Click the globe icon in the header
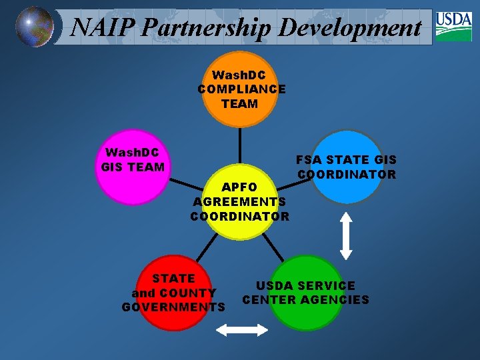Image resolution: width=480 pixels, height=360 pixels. [35, 27]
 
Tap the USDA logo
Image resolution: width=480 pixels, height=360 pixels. [453, 27]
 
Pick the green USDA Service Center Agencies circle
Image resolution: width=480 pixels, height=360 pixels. [305, 293]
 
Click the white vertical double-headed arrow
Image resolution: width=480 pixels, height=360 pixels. [346, 235]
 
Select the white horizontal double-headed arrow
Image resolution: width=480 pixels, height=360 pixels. [242, 329]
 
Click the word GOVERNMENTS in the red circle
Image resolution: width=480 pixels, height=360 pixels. [173, 307]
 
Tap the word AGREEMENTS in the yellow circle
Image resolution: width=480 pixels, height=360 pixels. [239, 201]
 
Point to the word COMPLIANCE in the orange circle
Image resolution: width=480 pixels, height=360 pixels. [241, 89]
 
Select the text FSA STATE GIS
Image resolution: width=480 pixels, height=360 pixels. [346, 160]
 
